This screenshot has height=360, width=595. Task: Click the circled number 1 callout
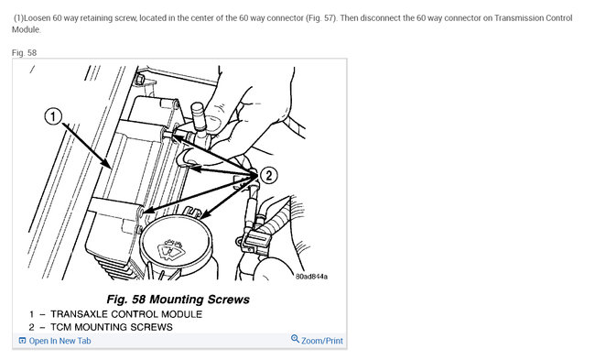(53, 116)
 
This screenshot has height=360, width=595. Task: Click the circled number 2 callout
(268, 176)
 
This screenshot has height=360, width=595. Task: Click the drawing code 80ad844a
(311, 277)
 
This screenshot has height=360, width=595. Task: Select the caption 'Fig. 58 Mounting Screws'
(178, 300)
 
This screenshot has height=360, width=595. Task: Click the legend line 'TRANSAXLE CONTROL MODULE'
(126, 314)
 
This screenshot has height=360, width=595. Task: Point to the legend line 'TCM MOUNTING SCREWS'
(112, 327)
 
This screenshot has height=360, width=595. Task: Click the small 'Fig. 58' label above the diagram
(24, 53)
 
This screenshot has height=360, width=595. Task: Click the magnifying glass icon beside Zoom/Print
(295, 338)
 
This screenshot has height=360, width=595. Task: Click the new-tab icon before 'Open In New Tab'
(22, 341)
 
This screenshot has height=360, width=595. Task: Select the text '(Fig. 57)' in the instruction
(320, 18)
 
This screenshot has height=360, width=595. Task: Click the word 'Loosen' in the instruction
(38, 18)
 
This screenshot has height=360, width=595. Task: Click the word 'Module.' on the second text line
(26, 29)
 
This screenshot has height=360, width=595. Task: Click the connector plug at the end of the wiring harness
(253, 242)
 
